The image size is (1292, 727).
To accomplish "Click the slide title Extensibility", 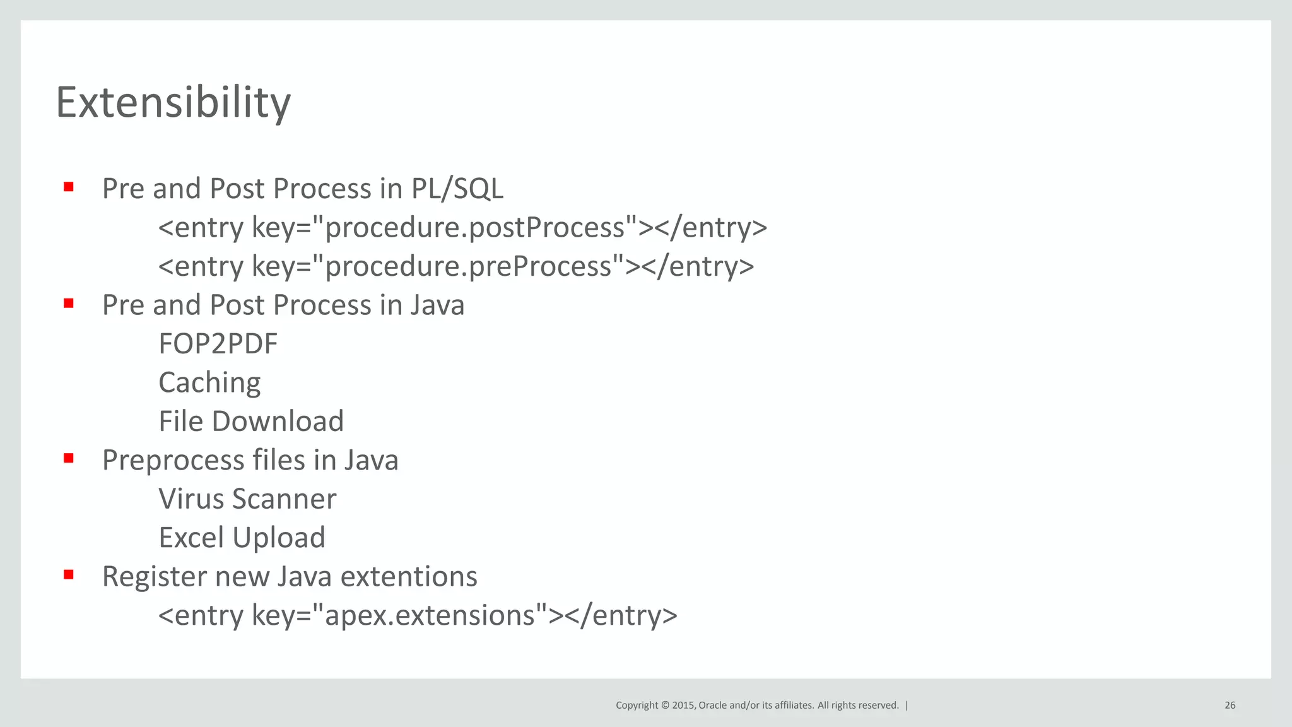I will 173,102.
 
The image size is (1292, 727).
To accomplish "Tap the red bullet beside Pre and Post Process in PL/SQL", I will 69,187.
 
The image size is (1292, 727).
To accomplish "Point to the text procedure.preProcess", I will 468,266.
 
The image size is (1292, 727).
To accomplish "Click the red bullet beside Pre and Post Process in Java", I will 69,304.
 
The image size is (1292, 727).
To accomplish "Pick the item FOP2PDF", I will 218,344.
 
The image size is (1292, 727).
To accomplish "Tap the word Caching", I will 209,383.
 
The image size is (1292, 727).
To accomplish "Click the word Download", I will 278,422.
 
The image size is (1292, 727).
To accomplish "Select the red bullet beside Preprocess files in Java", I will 69,458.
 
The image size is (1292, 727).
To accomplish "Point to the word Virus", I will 191,499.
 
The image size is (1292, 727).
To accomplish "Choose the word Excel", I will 191,538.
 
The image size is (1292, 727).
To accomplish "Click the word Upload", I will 279,538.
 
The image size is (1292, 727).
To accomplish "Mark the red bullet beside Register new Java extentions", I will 69,575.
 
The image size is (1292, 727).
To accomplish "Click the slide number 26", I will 1230,706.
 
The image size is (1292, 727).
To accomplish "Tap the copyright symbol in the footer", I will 665,706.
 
